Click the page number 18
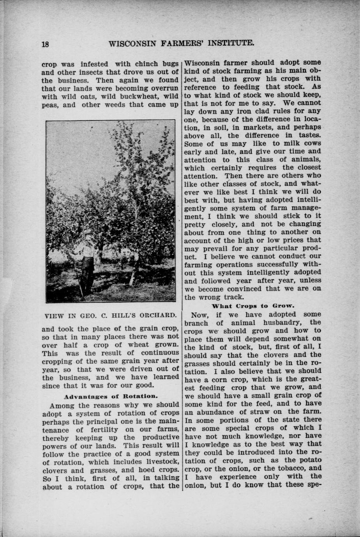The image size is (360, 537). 45,44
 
